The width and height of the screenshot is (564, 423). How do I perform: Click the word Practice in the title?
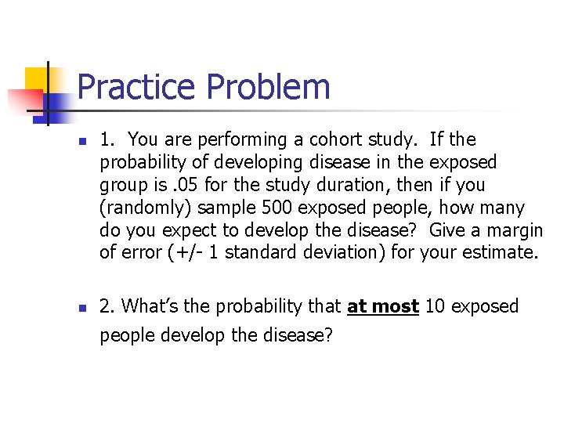click(136, 87)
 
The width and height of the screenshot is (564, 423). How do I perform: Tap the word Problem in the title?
click(266, 87)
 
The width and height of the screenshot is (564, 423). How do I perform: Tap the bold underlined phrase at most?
click(383, 306)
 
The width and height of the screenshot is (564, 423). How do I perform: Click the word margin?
click(515, 230)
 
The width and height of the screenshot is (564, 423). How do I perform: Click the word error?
click(137, 252)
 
